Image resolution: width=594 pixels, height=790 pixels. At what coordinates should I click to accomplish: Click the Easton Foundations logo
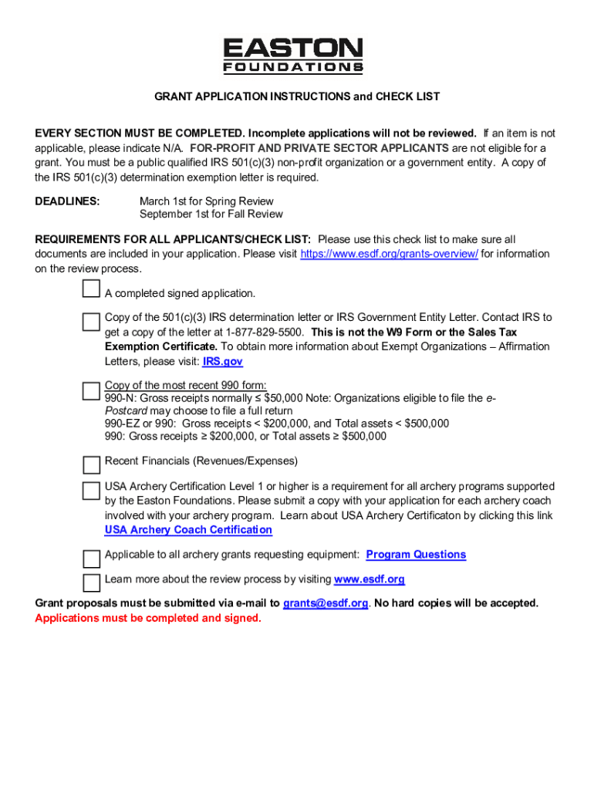(x=292, y=56)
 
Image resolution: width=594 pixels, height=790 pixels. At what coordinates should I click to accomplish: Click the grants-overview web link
(x=389, y=254)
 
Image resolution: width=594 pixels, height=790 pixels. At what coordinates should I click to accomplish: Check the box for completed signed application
(x=91, y=289)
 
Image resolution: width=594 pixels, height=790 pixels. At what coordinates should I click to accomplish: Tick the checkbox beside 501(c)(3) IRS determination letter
(x=91, y=321)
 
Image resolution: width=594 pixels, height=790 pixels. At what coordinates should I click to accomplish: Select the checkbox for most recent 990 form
(x=91, y=390)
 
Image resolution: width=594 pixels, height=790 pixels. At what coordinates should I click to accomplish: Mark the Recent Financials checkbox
(x=91, y=464)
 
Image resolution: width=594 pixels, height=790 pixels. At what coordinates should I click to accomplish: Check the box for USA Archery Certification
(x=91, y=490)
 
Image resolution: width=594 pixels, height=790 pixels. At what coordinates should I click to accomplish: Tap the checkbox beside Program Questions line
(x=91, y=558)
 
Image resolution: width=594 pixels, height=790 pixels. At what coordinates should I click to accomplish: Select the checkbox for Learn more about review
(x=91, y=582)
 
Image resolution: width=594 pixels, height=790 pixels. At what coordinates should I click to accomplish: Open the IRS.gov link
(x=222, y=361)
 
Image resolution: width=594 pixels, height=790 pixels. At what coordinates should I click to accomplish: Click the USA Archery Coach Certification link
(x=188, y=530)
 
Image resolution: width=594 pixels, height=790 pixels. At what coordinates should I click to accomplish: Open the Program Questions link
(x=416, y=555)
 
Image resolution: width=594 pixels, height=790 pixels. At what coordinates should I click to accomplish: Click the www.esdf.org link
(x=369, y=579)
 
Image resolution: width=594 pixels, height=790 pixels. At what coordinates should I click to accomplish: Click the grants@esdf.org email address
(x=325, y=603)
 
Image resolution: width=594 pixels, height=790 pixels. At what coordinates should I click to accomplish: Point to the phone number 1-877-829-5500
(x=265, y=332)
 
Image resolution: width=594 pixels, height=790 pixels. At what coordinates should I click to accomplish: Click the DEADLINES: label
(x=67, y=201)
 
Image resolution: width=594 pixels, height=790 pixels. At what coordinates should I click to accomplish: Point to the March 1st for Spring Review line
(x=201, y=201)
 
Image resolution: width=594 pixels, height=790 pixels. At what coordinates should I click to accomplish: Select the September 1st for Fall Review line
(x=211, y=214)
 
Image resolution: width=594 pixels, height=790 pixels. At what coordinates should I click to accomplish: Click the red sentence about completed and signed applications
(x=148, y=619)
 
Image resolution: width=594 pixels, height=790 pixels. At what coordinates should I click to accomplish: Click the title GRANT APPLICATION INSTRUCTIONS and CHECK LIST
(x=297, y=96)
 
